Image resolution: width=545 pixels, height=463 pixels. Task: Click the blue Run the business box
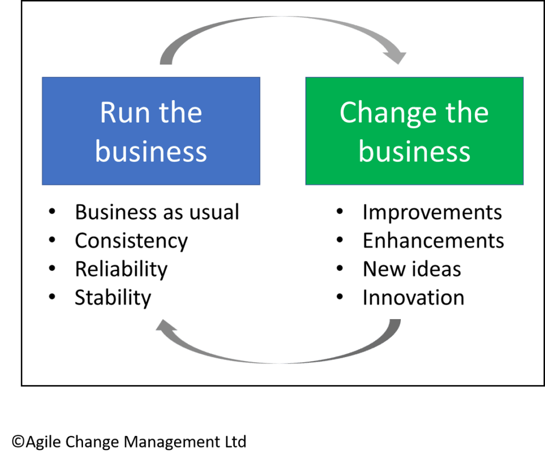click(x=151, y=131)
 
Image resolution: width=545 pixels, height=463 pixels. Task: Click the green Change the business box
click(x=414, y=131)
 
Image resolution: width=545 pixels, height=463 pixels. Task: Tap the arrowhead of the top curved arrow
click(x=397, y=56)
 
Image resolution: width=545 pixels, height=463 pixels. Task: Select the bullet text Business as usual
click(x=157, y=212)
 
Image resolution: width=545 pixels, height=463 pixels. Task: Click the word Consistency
click(x=131, y=241)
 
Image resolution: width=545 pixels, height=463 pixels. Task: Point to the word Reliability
click(x=121, y=269)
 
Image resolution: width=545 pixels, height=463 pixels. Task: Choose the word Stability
click(x=113, y=297)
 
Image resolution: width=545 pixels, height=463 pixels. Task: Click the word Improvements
click(x=432, y=212)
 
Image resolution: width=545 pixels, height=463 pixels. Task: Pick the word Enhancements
click(x=433, y=241)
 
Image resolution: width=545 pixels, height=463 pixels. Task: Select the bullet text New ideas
click(x=411, y=269)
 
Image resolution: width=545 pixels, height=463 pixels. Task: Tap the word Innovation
click(x=413, y=297)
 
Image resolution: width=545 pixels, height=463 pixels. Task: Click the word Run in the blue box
click(x=123, y=112)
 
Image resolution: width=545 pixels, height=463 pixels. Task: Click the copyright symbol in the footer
click(x=18, y=442)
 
